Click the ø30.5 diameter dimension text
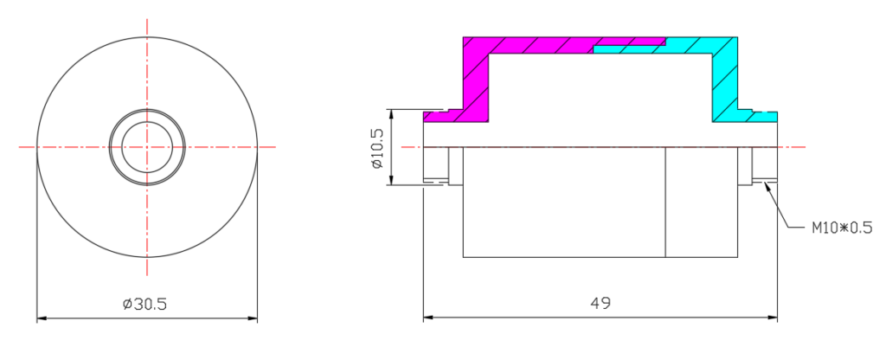pyautogui.click(x=145, y=304)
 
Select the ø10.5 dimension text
pyautogui.click(x=377, y=148)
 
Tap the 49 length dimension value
pyautogui.click(x=600, y=303)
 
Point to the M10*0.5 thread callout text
pyautogui.click(x=842, y=228)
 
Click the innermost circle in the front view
pyautogui.click(x=147, y=122)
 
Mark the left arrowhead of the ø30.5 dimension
pyautogui.click(x=42, y=318)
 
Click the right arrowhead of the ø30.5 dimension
pyautogui.click(x=253, y=318)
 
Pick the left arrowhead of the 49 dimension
pyautogui.click(x=427, y=318)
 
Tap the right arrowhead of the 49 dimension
pyautogui.click(x=773, y=318)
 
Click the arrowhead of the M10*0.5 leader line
pyautogui.click(x=767, y=186)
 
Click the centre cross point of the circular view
pyautogui.click(x=147, y=147)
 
